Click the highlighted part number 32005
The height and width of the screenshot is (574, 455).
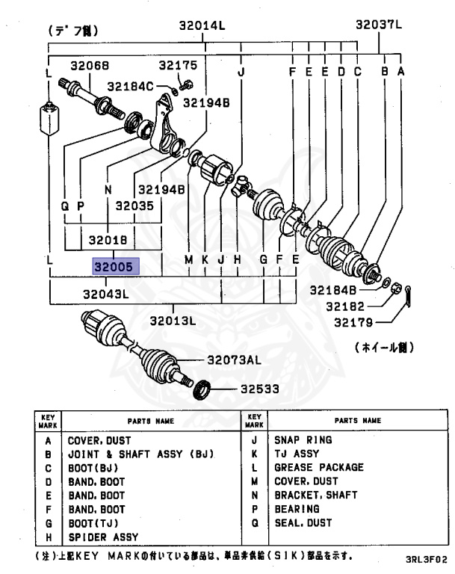[x=111, y=265]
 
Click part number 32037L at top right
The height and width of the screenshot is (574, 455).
[x=378, y=25]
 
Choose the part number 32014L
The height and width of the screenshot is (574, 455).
[x=202, y=25]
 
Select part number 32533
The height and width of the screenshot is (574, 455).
[x=260, y=389]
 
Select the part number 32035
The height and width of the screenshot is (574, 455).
[x=134, y=205]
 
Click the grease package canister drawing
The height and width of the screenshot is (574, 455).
[x=49, y=119]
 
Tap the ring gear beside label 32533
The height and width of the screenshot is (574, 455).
[x=200, y=389]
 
